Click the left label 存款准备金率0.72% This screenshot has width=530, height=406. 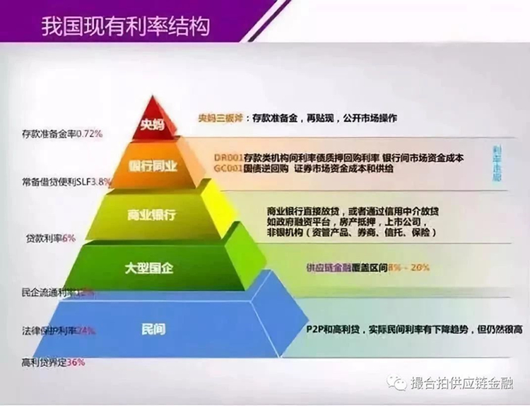[x=63, y=132]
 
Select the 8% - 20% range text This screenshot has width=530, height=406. [x=409, y=268]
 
